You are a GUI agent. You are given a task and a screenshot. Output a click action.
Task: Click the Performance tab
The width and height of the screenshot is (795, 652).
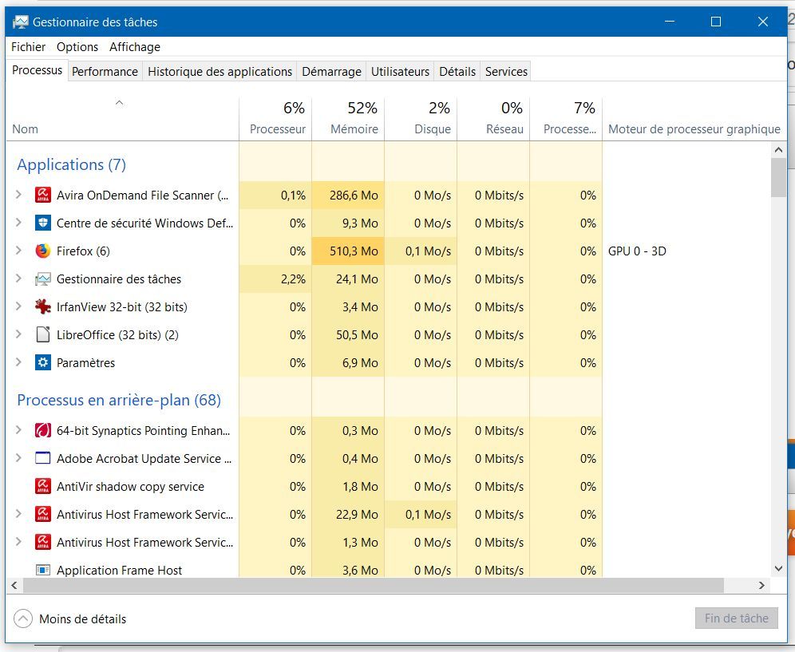coord(105,72)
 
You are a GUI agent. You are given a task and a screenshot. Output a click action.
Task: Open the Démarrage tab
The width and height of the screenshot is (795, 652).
coord(331,72)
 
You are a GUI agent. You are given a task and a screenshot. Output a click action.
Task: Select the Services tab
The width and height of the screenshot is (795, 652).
coord(506,72)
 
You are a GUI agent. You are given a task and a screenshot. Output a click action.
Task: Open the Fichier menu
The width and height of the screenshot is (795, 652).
coord(28,47)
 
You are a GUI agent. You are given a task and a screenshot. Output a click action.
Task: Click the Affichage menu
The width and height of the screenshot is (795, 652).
coord(135,47)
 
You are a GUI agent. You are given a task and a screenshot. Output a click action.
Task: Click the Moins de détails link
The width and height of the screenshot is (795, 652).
coord(82,618)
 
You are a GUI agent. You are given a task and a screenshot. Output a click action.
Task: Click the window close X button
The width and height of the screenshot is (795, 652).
coord(762,22)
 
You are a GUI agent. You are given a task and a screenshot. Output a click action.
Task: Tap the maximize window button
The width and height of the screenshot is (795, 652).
coord(716,22)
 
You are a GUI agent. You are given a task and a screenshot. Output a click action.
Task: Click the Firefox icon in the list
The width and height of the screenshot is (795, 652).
coord(43,251)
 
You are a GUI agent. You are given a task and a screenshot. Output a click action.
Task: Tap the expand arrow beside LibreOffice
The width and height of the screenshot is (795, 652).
coord(19,335)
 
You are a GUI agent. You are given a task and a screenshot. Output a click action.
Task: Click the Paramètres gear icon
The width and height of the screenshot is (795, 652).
coord(43,363)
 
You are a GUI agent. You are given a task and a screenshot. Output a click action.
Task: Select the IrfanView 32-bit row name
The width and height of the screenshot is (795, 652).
coord(121,307)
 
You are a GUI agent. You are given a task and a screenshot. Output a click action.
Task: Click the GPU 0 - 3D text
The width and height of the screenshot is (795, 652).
coord(637,251)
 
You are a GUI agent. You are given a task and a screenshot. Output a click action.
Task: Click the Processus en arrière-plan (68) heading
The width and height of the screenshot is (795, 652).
coord(119,401)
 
